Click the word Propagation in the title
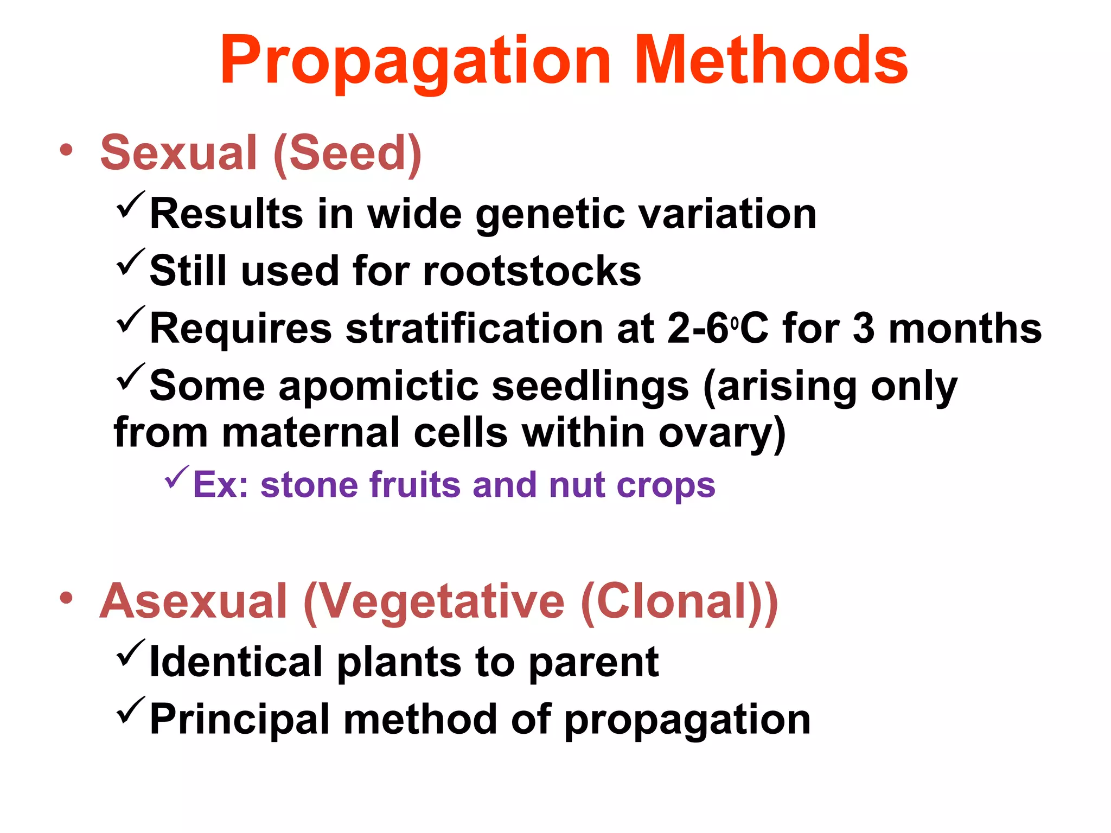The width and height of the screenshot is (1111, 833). pyautogui.click(x=416, y=61)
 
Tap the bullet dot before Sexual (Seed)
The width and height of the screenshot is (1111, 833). pyautogui.click(x=66, y=151)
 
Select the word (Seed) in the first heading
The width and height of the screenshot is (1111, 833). pyautogui.click(x=347, y=153)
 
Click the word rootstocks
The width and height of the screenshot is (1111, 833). pyautogui.click(x=532, y=271)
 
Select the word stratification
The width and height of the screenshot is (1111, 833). pyautogui.click(x=474, y=329)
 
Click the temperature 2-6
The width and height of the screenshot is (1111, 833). pyautogui.click(x=698, y=329)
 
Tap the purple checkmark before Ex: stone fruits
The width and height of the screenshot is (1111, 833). pyautogui.click(x=177, y=477)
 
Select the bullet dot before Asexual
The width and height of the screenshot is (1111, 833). pyautogui.click(x=66, y=599)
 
